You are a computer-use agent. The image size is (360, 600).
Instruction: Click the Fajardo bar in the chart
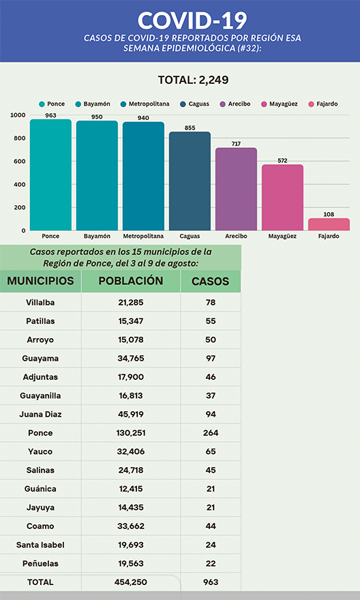[x=329, y=224]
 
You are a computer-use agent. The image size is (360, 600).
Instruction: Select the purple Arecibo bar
[x=236, y=189]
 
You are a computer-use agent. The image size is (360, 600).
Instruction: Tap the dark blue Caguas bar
[x=190, y=181]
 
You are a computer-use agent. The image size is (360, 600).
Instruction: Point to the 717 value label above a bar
[x=236, y=143]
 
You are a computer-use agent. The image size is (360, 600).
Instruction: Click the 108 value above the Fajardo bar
[x=329, y=214]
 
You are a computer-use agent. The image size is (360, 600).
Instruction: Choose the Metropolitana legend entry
[x=145, y=104]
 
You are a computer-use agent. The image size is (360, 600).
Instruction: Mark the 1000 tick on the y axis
[x=18, y=115]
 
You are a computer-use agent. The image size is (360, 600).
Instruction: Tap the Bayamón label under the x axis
[x=97, y=236]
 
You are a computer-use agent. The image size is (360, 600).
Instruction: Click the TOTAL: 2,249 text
[x=193, y=80]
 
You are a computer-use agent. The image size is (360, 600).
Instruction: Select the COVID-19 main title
[x=192, y=20]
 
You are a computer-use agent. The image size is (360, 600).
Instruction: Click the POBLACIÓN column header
[x=131, y=280]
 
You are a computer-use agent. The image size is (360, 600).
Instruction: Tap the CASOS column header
[x=211, y=281]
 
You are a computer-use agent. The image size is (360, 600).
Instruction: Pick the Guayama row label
[x=40, y=359]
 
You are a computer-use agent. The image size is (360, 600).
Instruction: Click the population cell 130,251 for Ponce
[x=131, y=433]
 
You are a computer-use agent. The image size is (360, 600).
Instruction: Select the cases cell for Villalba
[x=211, y=302]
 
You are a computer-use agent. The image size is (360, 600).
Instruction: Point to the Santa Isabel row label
[x=40, y=545]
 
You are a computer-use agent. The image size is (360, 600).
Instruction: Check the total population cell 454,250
[x=131, y=582]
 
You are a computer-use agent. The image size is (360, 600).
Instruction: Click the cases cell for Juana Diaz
[x=211, y=415]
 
